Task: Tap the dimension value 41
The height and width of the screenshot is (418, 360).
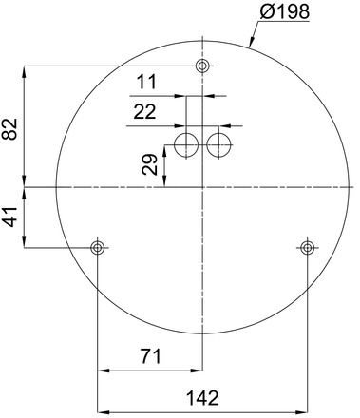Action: coord(10,218)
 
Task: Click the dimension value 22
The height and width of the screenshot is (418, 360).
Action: coord(144,112)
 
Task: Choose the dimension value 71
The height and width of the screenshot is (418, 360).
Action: coord(147,357)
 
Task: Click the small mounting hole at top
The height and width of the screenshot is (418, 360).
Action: coord(201,66)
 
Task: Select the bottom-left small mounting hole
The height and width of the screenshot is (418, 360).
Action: coord(97,248)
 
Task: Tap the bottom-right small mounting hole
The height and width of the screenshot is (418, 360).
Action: coord(307,248)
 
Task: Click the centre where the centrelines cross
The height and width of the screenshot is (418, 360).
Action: coord(201,187)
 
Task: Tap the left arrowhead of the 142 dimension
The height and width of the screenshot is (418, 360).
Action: coord(102,410)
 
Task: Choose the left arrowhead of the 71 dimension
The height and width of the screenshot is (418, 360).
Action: coord(102,370)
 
